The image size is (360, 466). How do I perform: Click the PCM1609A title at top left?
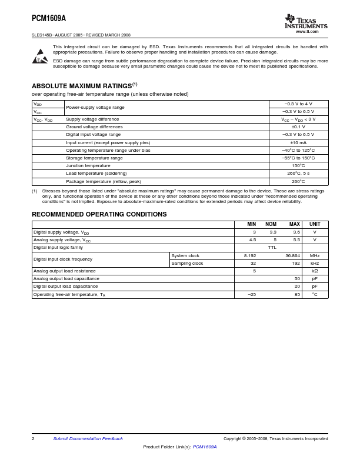coord(49,18)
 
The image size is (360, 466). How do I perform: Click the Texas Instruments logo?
coord(305,22)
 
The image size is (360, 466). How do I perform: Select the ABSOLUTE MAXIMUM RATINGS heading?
coord(84,85)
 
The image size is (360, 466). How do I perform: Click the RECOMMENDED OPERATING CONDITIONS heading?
coord(99,214)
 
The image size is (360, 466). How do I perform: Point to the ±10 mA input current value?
coord(298,142)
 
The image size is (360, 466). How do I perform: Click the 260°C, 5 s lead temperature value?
coord(298,174)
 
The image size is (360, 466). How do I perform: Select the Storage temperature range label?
coord(94,158)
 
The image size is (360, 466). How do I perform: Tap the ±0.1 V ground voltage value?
coord(298,127)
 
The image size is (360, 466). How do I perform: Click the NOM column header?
coord(271,224)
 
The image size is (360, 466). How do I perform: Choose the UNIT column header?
coord(315,224)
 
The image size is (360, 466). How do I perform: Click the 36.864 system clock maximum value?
coord(292,255)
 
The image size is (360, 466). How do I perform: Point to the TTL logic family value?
coord(272,248)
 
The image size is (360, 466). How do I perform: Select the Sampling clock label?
coord(187,263)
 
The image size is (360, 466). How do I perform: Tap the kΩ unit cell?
coord(315,271)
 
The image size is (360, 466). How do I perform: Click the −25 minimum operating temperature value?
coord(252,294)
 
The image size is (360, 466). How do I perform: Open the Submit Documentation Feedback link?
coord(88,438)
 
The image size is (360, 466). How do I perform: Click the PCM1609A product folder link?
coord(205,447)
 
